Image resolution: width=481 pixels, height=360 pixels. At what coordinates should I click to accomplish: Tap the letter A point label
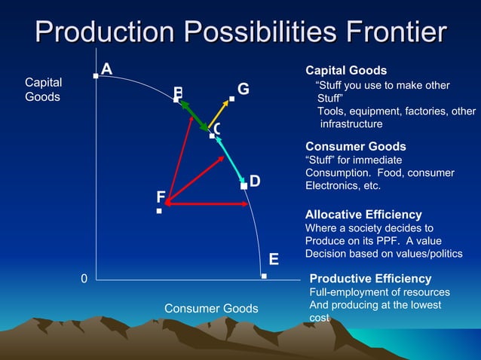coord(107,69)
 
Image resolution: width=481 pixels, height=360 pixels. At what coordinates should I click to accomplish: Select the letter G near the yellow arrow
coord(243,90)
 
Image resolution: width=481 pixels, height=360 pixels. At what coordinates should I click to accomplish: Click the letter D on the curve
coord(255,182)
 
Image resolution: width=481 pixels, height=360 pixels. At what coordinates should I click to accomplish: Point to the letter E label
coord(274,260)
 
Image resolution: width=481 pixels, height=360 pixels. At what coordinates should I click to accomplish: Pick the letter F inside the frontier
coord(161,197)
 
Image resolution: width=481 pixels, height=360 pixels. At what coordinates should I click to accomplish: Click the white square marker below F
coord(159,212)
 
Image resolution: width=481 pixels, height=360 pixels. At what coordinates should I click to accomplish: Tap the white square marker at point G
coord(231,99)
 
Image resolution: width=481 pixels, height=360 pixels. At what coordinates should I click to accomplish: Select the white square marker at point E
coord(264,276)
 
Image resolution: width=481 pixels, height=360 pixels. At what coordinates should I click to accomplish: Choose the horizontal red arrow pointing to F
coord(204,203)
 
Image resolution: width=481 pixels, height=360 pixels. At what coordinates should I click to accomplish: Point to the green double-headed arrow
coord(195,116)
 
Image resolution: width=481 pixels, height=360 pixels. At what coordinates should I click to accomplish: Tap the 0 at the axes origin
coord(84,279)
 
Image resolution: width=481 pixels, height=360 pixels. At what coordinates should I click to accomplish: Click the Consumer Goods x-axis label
coord(211,309)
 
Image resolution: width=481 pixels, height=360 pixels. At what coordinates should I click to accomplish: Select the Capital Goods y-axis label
coord(44,90)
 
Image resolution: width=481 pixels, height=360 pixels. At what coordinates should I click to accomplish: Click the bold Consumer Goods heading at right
coord(355,146)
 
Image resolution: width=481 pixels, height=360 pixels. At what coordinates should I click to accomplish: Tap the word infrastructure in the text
coord(352,124)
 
